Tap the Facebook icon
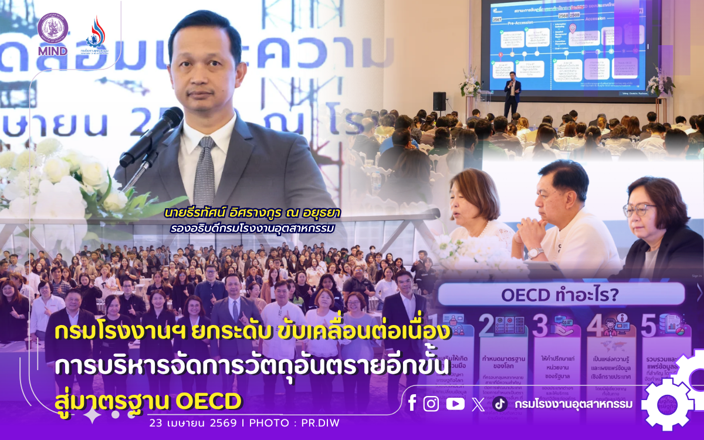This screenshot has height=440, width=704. point(412,404)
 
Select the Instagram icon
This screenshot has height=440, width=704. point(431,404)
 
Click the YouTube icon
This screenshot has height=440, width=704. point(455,404)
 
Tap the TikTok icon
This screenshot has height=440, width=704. point(500,404)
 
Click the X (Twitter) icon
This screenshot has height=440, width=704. point(478,404)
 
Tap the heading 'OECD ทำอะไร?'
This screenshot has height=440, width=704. point(560,295)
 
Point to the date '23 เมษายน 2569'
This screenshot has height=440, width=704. point(193,422)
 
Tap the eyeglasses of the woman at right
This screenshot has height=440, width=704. point(639,209)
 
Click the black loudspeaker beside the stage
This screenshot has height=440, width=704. point(439,101)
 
